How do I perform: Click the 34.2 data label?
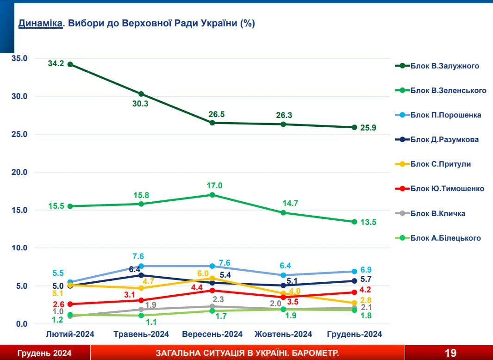coord(56,63)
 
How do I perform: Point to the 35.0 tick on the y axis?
coord(20,58)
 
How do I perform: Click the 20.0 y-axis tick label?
coord(20,172)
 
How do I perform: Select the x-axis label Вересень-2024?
coord(212,334)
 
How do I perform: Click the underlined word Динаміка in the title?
coord(40,23)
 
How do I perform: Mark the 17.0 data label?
coord(215,186)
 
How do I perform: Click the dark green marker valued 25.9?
coord(354,127)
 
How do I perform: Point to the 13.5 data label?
coord(369,222)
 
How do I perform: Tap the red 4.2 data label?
coord(366,290)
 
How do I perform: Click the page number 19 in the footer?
coord(450,353)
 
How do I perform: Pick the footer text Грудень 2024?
coord(44,353)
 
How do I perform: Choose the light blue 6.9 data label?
coord(366,270)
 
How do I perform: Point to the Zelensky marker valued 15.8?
coord(141,204)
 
